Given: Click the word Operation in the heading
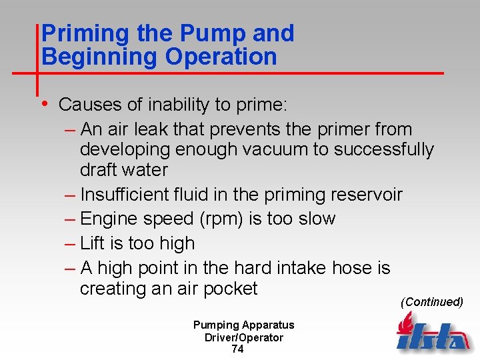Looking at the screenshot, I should pyautogui.click(x=221, y=57).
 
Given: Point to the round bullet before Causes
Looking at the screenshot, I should pyautogui.click(x=44, y=104).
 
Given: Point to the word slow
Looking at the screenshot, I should pyautogui.click(x=315, y=219).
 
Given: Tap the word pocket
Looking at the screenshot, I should pyautogui.click(x=231, y=289).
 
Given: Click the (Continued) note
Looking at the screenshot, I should pyautogui.click(x=431, y=302).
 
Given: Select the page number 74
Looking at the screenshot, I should pyautogui.click(x=237, y=349).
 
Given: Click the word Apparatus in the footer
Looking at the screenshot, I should pyautogui.click(x=267, y=325).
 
